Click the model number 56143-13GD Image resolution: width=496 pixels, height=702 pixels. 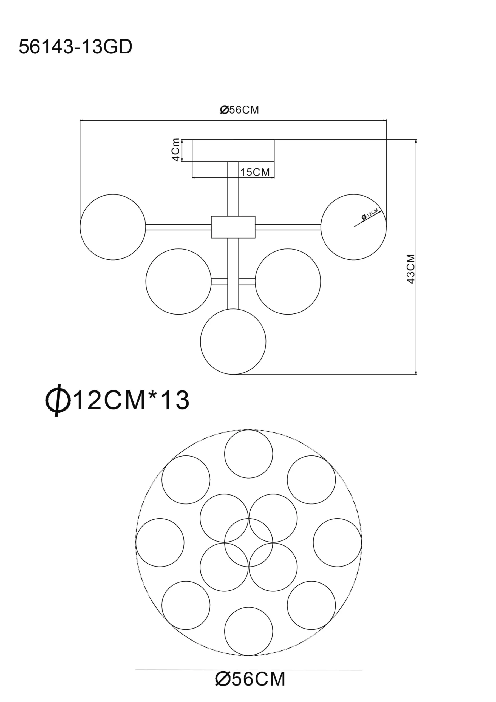pos(75,47)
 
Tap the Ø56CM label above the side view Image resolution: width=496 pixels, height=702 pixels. pos(239,110)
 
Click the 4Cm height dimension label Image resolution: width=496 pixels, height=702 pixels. pos(176,149)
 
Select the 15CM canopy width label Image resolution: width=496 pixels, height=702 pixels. pos(255,172)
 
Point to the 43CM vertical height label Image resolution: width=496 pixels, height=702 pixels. pos(411,269)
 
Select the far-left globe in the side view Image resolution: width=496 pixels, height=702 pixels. pos(113,227)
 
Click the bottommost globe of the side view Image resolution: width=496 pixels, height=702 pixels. pos(233,341)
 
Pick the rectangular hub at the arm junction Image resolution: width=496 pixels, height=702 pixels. pos(233,227)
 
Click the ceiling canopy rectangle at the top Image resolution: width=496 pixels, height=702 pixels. pos(233,151)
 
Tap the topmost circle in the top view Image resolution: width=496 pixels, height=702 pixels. pos(249,454)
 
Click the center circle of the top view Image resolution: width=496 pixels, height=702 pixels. pos(249,543)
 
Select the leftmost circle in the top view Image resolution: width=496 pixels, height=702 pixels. pos(160,543)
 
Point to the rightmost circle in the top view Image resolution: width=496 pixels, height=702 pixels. pos(337,543)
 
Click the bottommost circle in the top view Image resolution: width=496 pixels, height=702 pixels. pos(249,631)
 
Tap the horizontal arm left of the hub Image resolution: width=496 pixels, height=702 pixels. pos(178,227)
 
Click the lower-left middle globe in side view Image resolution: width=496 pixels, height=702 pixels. pos(178,281)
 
